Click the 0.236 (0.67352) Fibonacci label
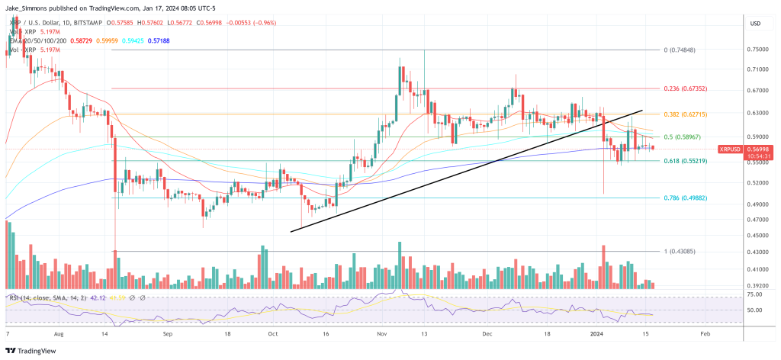point(685,88)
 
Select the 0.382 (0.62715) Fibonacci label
point(685,114)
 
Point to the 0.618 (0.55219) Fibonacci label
point(685,161)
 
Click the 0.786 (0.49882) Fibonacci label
point(685,198)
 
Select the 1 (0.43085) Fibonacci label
point(680,252)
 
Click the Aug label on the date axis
point(60,334)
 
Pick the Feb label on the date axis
point(705,334)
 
